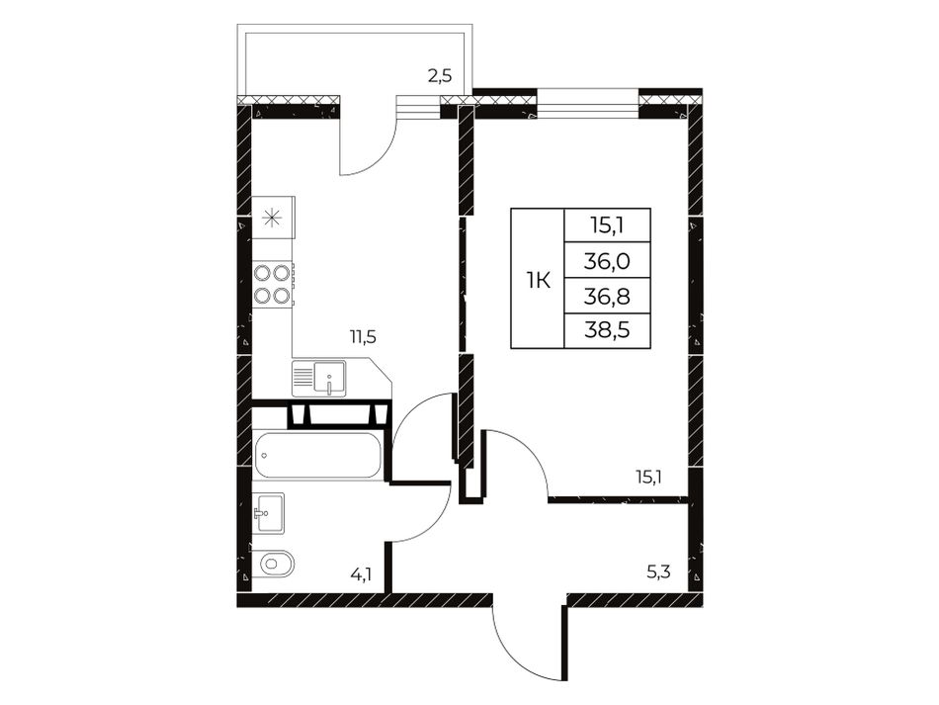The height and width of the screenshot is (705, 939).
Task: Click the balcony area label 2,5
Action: (439, 77)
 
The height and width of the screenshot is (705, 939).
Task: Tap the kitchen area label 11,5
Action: (363, 337)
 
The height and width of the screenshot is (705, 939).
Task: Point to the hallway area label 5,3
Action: (658, 573)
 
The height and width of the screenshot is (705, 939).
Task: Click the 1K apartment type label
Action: (539, 280)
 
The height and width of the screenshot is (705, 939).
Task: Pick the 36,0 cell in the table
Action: (608, 261)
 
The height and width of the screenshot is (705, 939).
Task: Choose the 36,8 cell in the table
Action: (608, 296)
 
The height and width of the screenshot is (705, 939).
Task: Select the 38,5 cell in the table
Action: (608, 330)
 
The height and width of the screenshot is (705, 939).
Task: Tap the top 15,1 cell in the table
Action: (608, 225)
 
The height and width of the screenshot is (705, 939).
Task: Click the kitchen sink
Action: (318, 378)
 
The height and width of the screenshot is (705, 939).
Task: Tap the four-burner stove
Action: (273, 284)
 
